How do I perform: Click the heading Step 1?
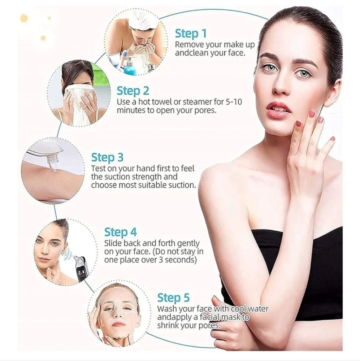pyautogui.click(x=191, y=34)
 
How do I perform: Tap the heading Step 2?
pyautogui.click(x=133, y=91)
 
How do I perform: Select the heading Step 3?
pyautogui.click(x=107, y=157)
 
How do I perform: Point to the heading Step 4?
pyautogui.click(x=121, y=232)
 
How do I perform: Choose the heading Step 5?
pyautogui.click(x=173, y=298)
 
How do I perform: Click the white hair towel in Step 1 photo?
pyautogui.click(x=144, y=20)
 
